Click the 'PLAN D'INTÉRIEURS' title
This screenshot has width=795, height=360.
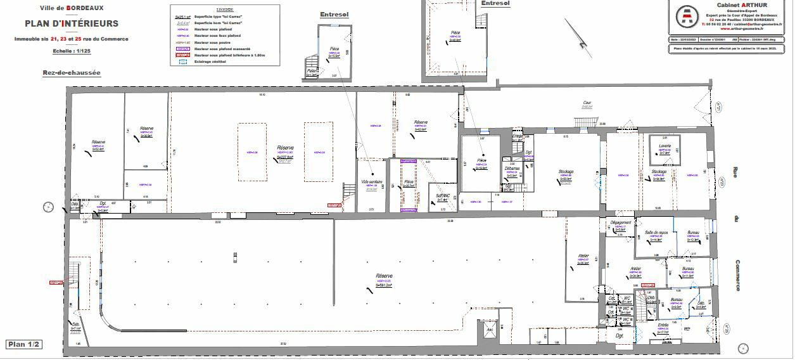pyautogui.click(x=72, y=23)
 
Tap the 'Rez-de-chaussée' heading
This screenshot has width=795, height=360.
pyautogui.click(x=72, y=73)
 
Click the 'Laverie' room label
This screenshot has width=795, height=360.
pyautogui.click(x=665, y=146)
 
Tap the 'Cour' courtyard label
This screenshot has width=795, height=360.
pyautogui.click(x=587, y=103)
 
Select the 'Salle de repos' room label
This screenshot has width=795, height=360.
pyautogui.click(x=656, y=233)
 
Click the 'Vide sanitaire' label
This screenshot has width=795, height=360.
pyautogui.click(x=372, y=182)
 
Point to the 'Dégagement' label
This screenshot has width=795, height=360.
pyautogui.click(x=621, y=223)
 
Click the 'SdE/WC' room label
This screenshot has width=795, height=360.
pyautogui.click(x=443, y=196)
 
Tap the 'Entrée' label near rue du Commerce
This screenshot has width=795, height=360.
pyautogui.click(x=663, y=325)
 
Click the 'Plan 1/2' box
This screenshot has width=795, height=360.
pyautogui.click(x=24, y=344)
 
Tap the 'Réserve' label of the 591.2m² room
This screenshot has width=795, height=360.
pyautogui.click(x=384, y=276)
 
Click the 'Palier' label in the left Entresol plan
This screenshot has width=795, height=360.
pyautogui.click(x=312, y=70)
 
